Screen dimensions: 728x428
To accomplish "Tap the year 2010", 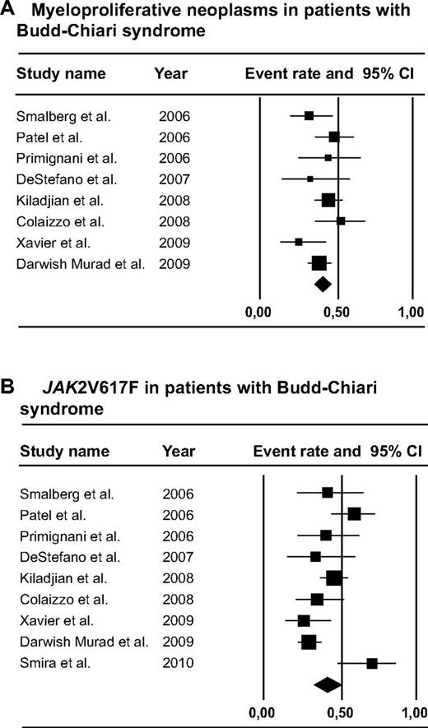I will [x=177, y=663].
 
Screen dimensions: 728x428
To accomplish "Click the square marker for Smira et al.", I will [x=372, y=663].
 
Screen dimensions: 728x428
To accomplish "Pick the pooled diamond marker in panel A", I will [x=323, y=284].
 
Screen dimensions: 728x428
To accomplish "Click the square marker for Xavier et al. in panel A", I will [x=299, y=242].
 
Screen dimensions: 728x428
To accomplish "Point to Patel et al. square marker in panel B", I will [x=354, y=514].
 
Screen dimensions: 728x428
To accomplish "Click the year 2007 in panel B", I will [x=177, y=557].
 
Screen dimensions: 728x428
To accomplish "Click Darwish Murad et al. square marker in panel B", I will [x=309, y=642].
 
